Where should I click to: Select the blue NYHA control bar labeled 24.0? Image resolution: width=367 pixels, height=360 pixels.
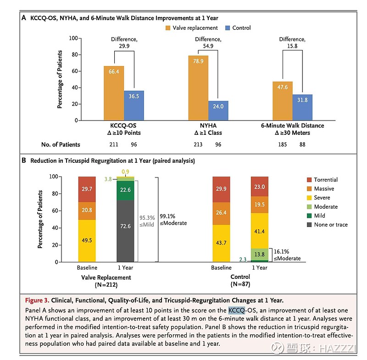coord(218,111)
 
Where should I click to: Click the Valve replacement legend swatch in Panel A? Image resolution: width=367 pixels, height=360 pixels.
coord(168,28)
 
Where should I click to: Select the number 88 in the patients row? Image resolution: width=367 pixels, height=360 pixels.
coord(303,144)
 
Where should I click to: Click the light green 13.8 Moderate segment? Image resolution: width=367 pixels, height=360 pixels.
coord(259,254)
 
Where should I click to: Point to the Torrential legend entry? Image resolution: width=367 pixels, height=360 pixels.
coord(325,180)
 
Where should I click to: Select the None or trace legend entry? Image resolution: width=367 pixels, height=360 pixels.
coord(330,225)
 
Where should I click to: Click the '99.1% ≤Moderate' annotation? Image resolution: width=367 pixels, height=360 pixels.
coord(173,219)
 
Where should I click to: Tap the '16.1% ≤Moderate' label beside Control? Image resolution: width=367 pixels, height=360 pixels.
coord(287,255)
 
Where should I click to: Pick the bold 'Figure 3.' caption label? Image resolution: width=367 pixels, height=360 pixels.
coord(37,301)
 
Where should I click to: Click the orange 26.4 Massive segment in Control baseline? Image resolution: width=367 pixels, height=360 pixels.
coord(221,212)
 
